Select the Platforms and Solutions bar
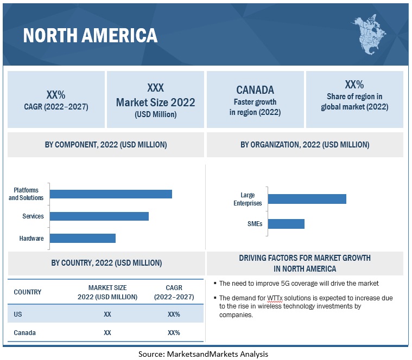[111, 194]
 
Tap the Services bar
[99, 216]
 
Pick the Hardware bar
[83, 238]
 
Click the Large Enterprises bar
[307, 199]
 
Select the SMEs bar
[286, 223]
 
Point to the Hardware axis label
[31, 239]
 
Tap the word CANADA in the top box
[255, 90]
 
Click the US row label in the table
[18, 314]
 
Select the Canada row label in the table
[24, 332]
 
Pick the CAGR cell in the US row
[174, 314]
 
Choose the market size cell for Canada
[107, 332]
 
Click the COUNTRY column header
[28, 292]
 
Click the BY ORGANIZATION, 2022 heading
[305, 145]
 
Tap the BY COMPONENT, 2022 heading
[106, 145]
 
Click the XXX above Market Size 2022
[155, 88]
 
